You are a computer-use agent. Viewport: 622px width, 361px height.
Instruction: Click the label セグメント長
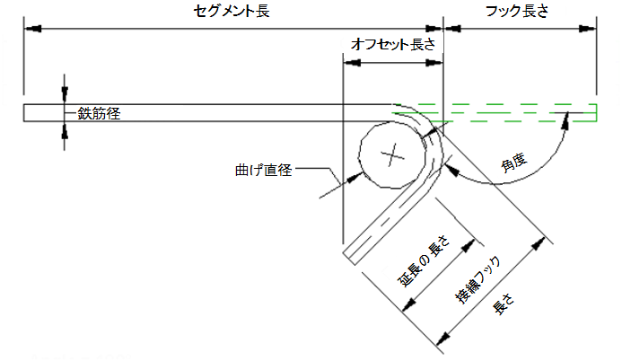(x=232, y=11)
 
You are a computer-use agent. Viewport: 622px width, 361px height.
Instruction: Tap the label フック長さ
(x=517, y=11)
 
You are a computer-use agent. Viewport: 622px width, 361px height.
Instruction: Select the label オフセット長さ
(x=393, y=44)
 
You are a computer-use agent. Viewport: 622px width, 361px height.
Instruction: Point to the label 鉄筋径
(x=99, y=114)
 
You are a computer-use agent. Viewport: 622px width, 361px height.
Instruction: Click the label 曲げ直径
(x=263, y=171)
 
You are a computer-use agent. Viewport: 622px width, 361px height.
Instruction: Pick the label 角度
(x=513, y=163)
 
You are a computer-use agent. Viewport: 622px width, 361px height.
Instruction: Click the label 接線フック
(x=477, y=279)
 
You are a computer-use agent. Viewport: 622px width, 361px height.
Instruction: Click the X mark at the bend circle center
(x=392, y=154)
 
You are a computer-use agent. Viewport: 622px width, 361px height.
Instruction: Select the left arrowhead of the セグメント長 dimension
(x=32, y=29)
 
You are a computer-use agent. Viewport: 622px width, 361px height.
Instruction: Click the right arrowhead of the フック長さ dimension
(x=588, y=29)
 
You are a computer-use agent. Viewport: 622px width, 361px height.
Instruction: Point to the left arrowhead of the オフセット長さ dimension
(x=352, y=63)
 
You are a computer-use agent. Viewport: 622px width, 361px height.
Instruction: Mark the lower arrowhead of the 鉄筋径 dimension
(x=65, y=130)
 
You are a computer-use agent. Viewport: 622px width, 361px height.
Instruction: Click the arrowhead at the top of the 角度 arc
(x=566, y=121)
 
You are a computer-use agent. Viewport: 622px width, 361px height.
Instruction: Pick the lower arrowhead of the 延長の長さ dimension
(x=409, y=304)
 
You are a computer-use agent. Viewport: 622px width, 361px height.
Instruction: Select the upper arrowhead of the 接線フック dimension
(x=539, y=243)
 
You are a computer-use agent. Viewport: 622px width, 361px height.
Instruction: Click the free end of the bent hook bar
(x=349, y=258)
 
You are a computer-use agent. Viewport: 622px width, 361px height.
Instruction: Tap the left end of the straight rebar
(x=24, y=112)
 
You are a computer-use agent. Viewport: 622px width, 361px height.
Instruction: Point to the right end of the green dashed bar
(x=596, y=112)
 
